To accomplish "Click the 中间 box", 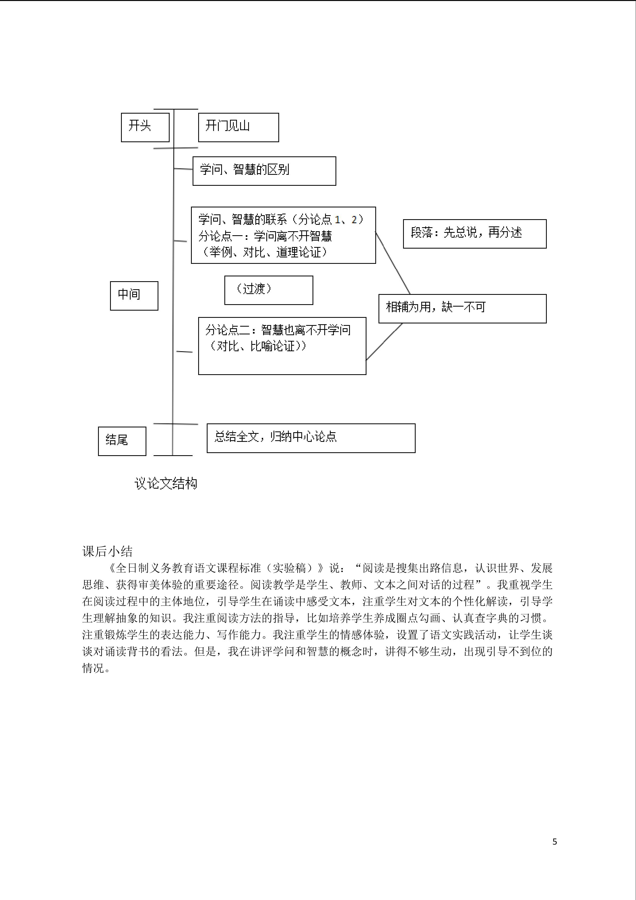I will [x=134, y=296].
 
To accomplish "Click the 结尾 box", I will [x=122, y=441].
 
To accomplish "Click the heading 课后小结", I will [x=107, y=551].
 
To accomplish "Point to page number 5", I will [x=555, y=841].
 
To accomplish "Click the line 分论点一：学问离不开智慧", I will [x=265, y=236].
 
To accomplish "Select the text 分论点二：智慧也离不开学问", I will [x=278, y=330].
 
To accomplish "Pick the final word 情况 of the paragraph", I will [x=93, y=668].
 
